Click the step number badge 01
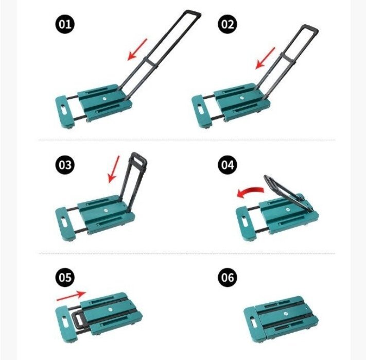(x=65, y=24)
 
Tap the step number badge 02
(x=228, y=24)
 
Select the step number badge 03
(x=65, y=165)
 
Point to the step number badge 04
(x=228, y=165)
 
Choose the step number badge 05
(x=65, y=278)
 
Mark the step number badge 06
(x=228, y=278)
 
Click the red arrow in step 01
(x=137, y=50)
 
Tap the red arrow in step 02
(x=265, y=58)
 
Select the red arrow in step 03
(x=114, y=169)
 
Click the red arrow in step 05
(x=72, y=295)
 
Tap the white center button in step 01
(x=104, y=99)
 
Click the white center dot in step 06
(x=285, y=314)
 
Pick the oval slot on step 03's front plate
(x=63, y=221)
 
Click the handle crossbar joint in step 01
(x=150, y=62)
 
